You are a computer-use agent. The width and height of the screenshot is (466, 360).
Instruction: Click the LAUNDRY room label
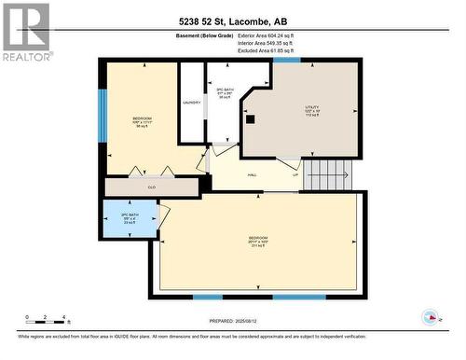192,103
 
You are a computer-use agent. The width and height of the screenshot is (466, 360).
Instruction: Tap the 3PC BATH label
224,91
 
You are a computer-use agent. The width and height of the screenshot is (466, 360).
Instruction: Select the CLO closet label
152,187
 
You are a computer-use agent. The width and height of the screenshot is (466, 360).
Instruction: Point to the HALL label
251,174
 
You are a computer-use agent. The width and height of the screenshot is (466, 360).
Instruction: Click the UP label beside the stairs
295,174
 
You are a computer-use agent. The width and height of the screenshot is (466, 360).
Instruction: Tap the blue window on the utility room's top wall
287,60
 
